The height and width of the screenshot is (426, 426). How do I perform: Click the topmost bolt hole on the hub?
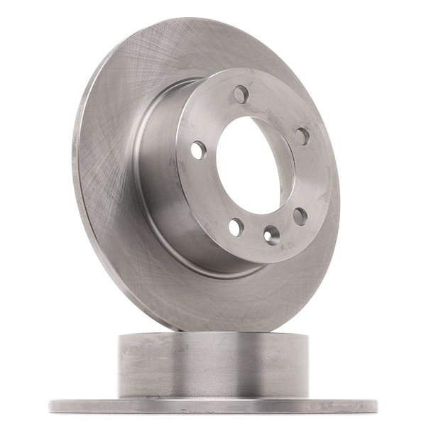point(241,94)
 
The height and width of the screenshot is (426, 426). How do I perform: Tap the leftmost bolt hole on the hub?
point(198,150)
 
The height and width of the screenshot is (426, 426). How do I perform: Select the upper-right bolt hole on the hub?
point(302,136)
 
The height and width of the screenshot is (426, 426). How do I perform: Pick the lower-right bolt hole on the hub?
point(300,216)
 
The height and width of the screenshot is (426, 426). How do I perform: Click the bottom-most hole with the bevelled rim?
point(271,234)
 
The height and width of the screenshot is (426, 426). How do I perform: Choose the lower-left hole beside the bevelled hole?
point(236,227)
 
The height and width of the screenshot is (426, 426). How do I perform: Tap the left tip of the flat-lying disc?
point(51,406)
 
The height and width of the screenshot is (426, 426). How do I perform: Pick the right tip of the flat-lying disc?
point(375,406)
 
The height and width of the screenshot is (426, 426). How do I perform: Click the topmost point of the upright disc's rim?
point(213,19)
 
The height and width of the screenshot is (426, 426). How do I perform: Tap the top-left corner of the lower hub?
point(119,335)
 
